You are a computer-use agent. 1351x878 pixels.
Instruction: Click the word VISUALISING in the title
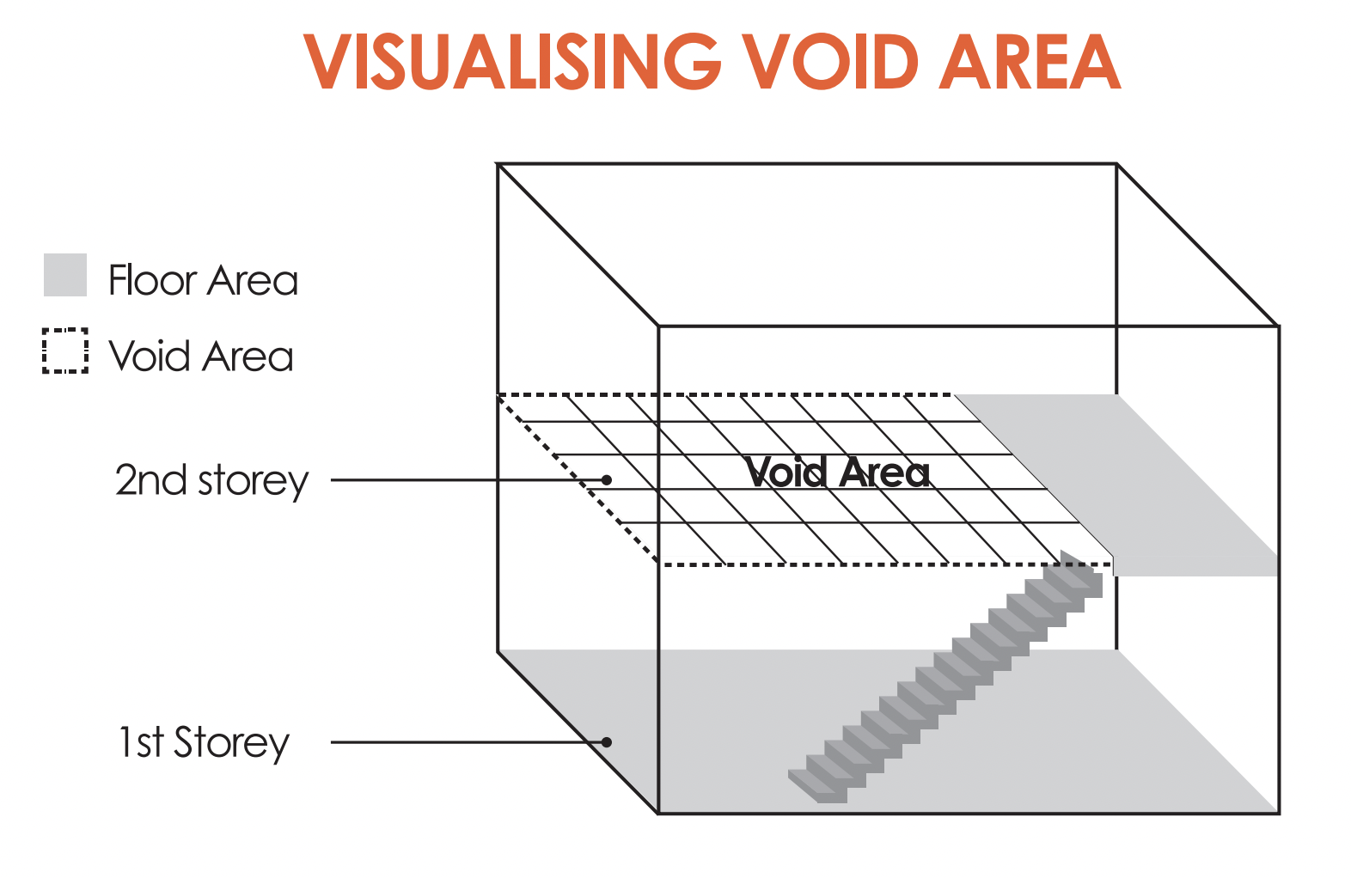tap(511, 62)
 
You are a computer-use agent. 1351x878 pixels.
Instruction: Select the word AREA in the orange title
tap(1030, 62)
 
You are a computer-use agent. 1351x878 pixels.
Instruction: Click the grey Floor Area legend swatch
tap(65, 275)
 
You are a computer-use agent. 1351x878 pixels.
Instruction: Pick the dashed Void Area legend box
tap(65, 351)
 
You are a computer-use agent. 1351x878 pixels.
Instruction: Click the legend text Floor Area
tap(203, 280)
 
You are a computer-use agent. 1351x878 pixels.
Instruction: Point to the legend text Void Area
tap(201, 356)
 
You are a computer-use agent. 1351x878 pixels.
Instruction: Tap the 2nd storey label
tap(211, 480)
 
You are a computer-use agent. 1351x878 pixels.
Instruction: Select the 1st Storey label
tap(205, 742)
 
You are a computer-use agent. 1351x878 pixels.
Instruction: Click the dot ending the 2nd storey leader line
tap(607, 479)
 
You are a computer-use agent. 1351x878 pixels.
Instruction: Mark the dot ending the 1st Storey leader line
tap(607, 742)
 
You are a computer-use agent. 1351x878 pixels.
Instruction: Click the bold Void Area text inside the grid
tap(837, 472)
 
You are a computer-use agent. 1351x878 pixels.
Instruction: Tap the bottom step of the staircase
tap(816, 787)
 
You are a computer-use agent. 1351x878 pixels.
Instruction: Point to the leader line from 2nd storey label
tap(464, 479)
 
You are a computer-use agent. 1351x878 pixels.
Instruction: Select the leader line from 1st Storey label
tap(464, 742)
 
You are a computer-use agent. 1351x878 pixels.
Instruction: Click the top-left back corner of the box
tap(498, 164)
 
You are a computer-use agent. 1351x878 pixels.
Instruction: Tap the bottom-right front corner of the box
tap(1279, 813)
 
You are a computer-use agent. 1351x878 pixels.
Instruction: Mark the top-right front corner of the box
tap(1279, 326)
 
